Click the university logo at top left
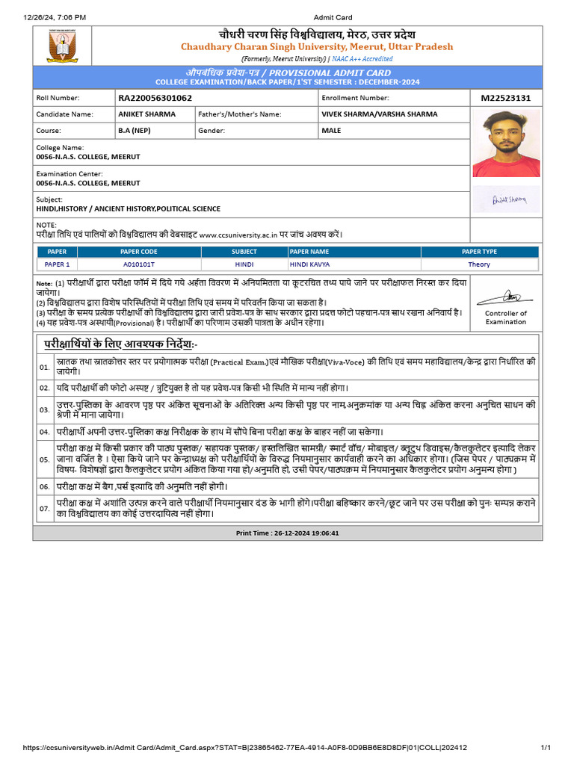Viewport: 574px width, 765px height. pos(62,46)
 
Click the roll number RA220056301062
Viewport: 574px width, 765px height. pos(155,98)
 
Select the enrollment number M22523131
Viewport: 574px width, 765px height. pos(506,98)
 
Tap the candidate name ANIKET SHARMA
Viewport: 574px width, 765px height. pos(146,114)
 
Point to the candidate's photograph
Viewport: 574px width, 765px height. pos(505,143)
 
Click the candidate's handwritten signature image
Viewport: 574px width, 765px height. pos(509,199)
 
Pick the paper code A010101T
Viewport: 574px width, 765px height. pos(139,264)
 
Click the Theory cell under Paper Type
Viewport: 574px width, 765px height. pos(479,264)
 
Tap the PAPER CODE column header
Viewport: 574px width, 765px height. pos(139,252)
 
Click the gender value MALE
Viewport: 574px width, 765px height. pos(331,130)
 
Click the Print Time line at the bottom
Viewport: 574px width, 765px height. pos(288,533)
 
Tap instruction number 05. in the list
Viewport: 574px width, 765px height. pos(45,459)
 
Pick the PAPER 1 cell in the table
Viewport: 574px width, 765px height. pos(58,264)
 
